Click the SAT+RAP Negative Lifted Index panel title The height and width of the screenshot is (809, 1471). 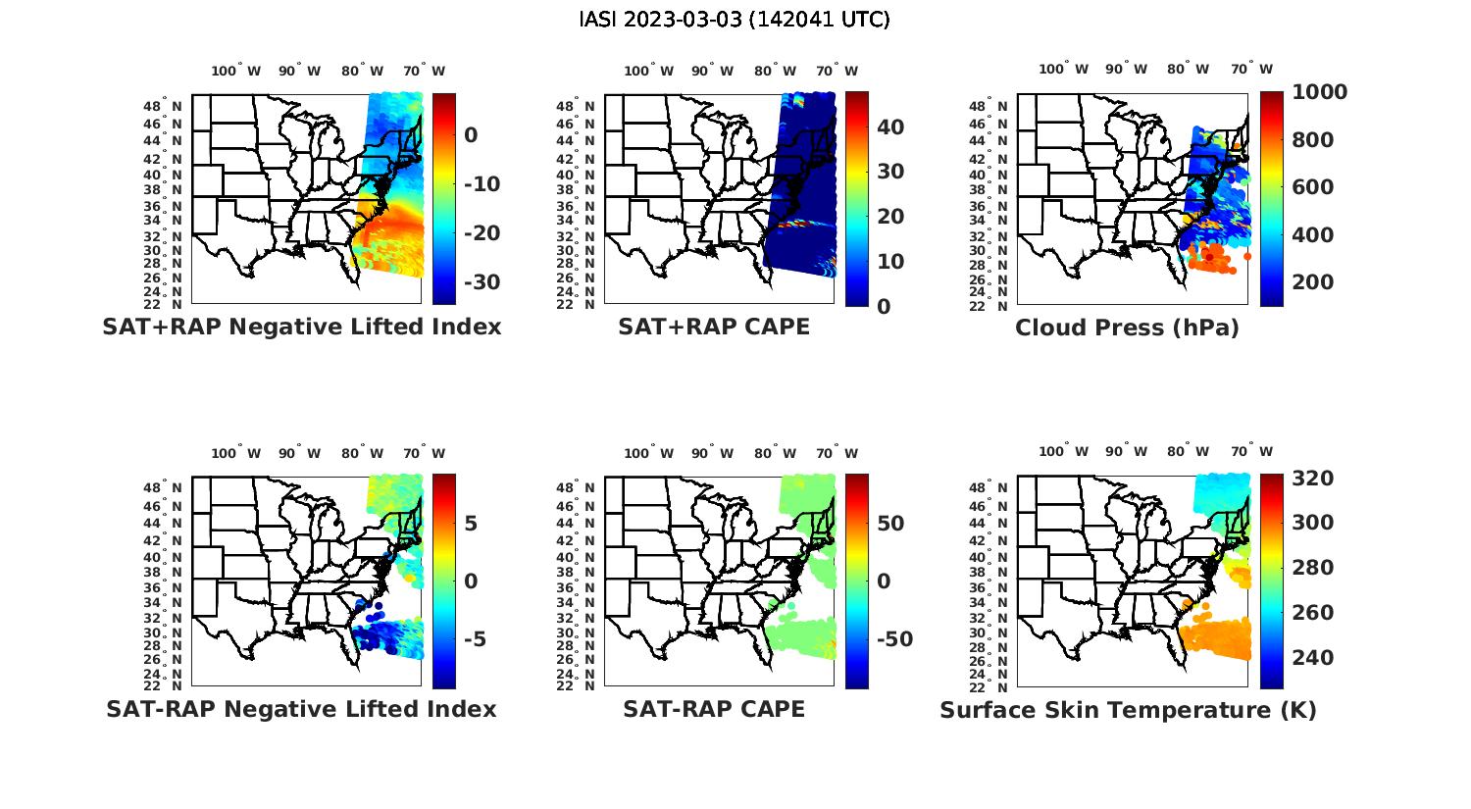(x=302, y=327)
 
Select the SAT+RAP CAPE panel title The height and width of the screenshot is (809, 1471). (x=714, y=327)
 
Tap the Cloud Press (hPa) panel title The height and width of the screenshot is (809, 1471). (x=1127, y=328)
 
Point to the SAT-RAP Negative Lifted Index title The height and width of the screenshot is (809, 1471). (x=301, y=709)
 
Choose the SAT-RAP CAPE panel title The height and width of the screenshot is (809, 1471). (x=714, y=709)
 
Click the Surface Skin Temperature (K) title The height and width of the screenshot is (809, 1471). (x=1128, y=710)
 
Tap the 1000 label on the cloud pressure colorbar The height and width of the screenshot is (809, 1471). (x=1319, y=92)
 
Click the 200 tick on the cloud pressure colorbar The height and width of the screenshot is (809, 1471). (x=1313, y=282)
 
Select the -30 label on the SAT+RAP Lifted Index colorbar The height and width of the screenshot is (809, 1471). (x=481, y=282)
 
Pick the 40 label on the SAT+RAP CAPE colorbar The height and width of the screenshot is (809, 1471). (x=890, y=127)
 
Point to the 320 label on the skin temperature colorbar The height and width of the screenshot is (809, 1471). (x=1313, y=479)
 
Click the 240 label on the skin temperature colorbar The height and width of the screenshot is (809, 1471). (x=1313, y=657)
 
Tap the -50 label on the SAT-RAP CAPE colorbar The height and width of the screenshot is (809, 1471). (x=894, y=639)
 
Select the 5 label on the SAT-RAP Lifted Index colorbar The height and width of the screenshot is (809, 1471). (x=471, y=523)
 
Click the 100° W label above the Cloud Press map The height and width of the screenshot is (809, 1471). (x=1063, y=70)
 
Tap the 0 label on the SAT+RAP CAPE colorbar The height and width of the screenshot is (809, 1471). (x=884, y=306)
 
